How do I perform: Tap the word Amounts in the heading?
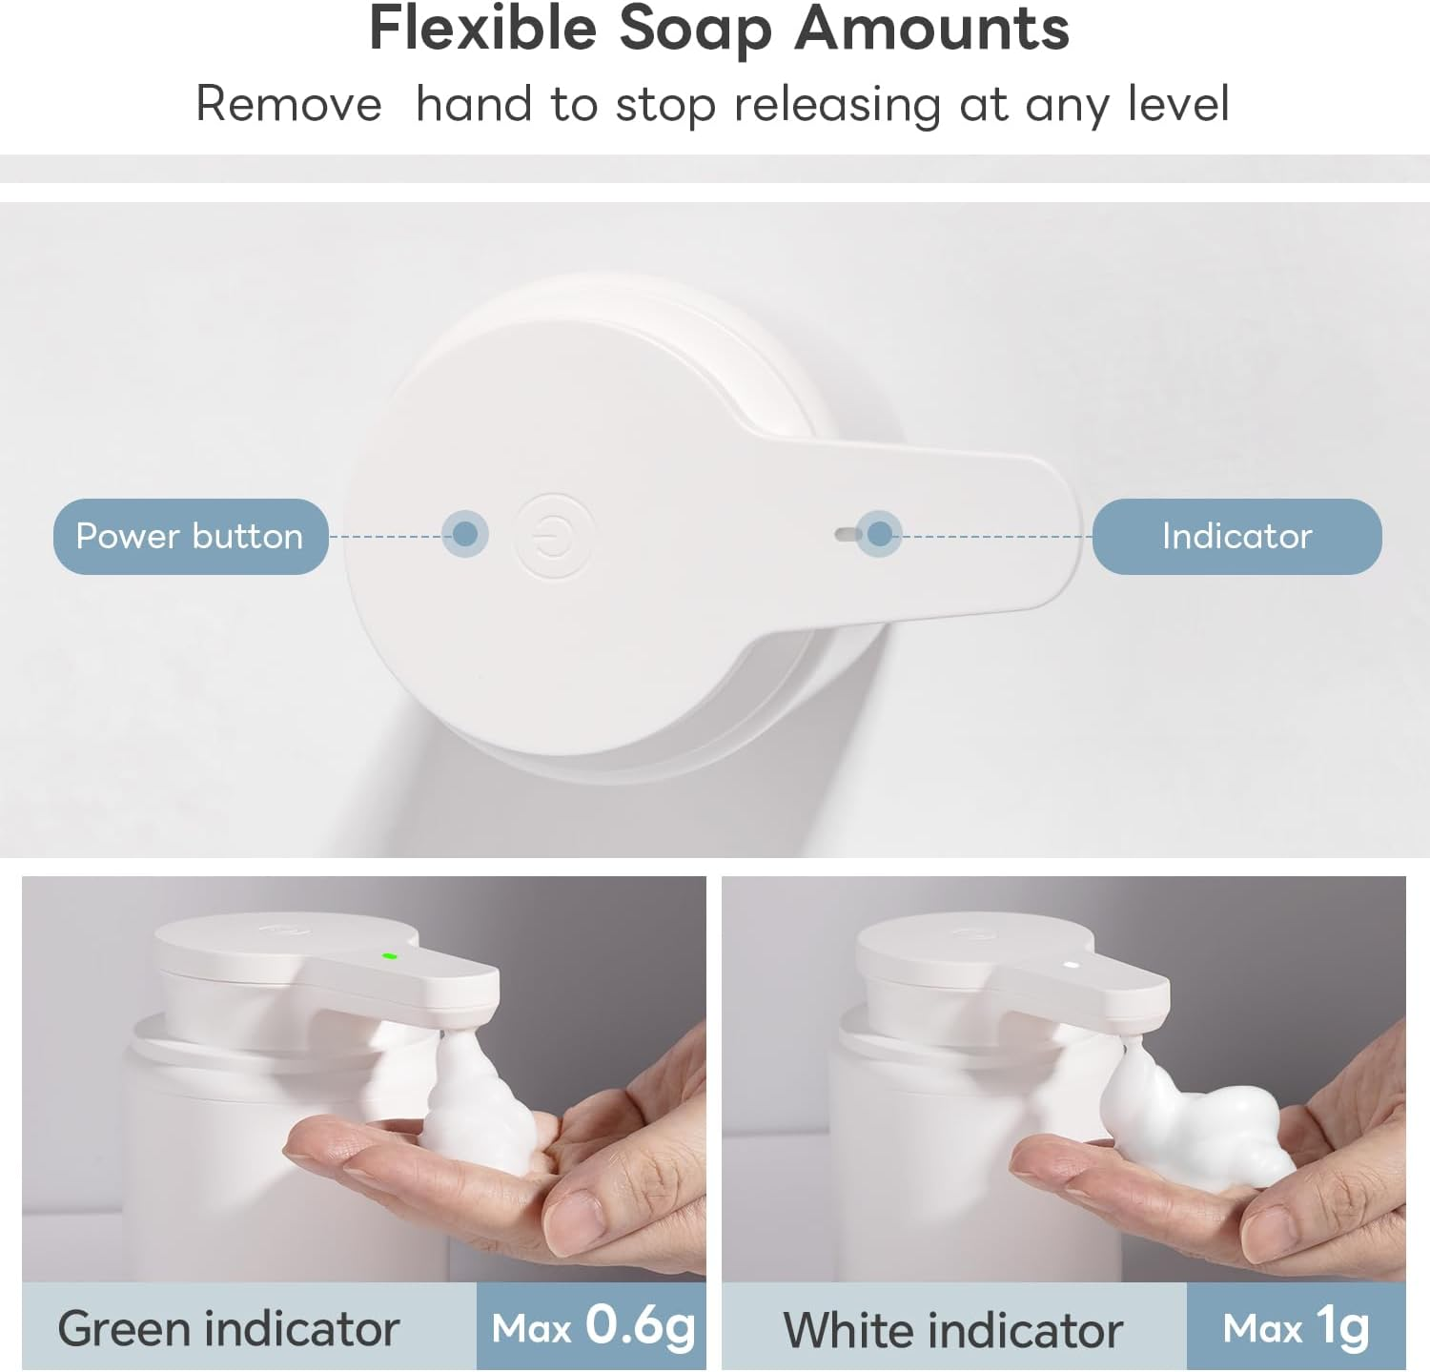coord(931,29)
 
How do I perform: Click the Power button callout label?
coord(190,536)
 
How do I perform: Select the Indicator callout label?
coord(1236,536)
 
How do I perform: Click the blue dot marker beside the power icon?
coord(465,534)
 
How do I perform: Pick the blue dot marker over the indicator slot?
coord(880,534)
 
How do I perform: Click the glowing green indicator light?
coord(389,955)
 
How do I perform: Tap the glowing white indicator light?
coord(1071,964)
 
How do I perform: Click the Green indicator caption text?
coord(228,1328)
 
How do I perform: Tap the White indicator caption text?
coord(952,1329)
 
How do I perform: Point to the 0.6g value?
coord(640,1325)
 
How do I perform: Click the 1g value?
coord(1342,1325)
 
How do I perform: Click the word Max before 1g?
coord(1261,1328)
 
